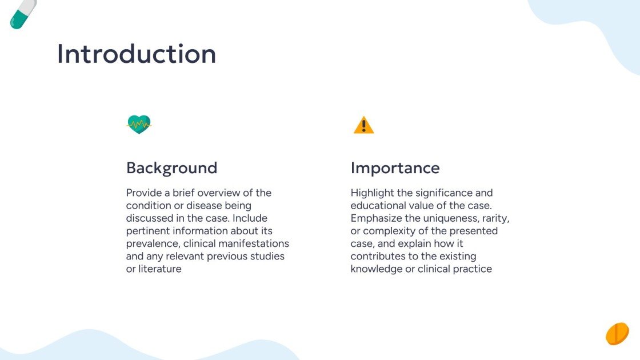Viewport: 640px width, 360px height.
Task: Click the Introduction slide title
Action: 137,54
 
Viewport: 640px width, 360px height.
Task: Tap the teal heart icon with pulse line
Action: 139,123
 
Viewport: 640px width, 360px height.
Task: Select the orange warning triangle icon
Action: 363,125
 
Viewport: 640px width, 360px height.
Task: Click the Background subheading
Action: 171,168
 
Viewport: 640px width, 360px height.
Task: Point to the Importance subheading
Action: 395,168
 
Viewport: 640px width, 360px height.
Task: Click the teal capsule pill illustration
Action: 23,14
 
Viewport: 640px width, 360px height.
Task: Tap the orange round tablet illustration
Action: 617,334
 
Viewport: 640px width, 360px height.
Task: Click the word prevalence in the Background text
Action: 152,243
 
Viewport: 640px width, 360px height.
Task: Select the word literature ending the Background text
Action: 159,269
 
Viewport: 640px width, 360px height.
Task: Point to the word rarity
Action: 494,218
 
